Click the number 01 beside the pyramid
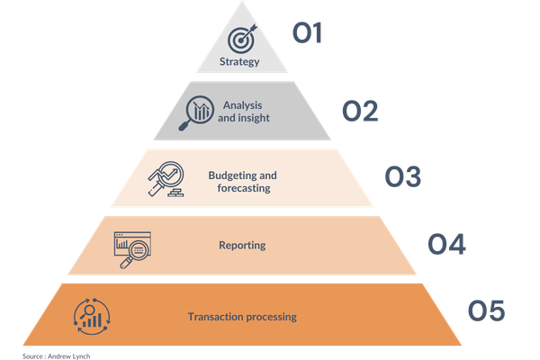click(307, 35)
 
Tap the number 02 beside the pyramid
click(359, 112)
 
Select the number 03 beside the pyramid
click(402, 176)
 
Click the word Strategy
click(239, 62)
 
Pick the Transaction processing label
click(242, 317)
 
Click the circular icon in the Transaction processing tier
click(91, 315)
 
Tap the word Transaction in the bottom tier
click(216, 317)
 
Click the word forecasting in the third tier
click(243, 188)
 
